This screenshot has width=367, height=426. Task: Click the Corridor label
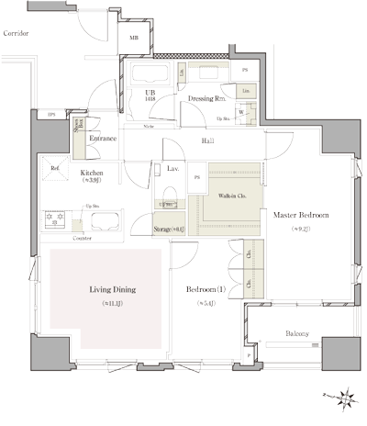tap(16, 33)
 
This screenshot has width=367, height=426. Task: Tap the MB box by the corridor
tap(134, 39)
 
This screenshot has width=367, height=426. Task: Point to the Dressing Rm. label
tap(207, 97)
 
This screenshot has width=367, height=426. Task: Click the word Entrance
tap(102, 139)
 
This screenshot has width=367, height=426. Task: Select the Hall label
tap(208, 141)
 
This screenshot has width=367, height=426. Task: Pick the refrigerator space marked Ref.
tap(55, 168)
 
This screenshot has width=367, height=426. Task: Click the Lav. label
tap(172, 169)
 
